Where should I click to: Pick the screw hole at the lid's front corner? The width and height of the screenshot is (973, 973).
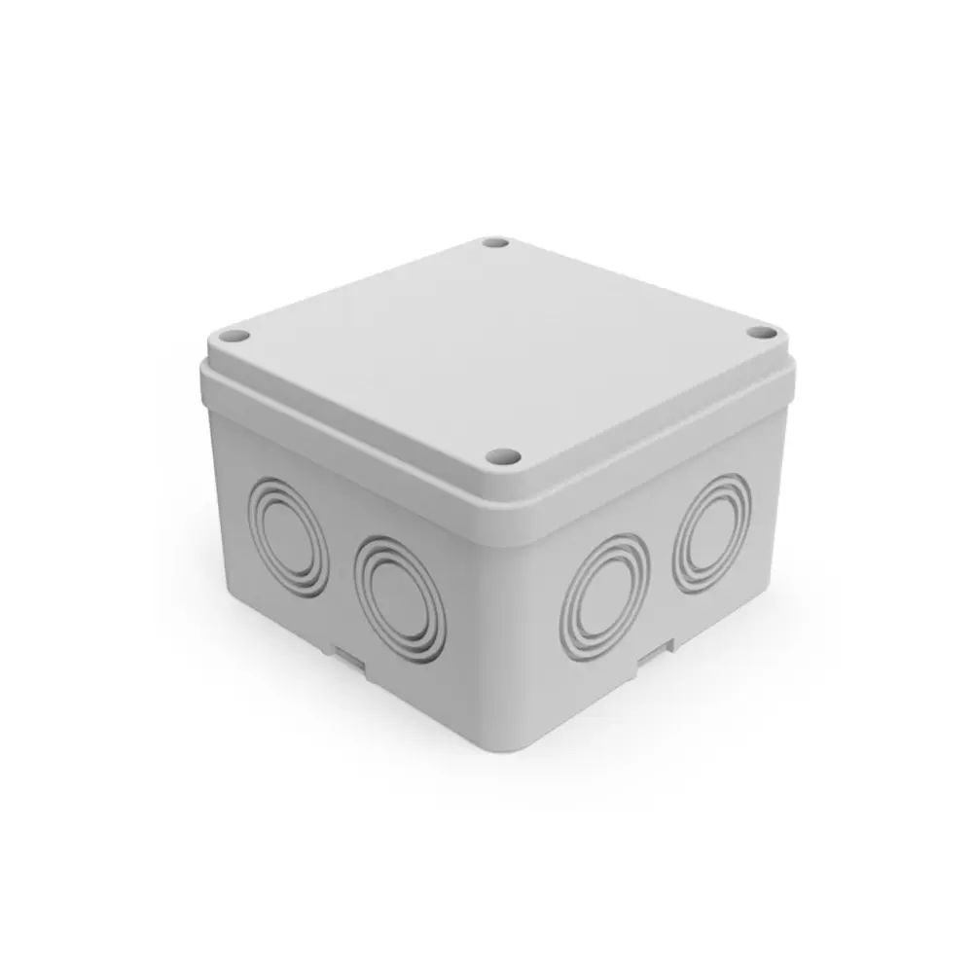tap(504, 453)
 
